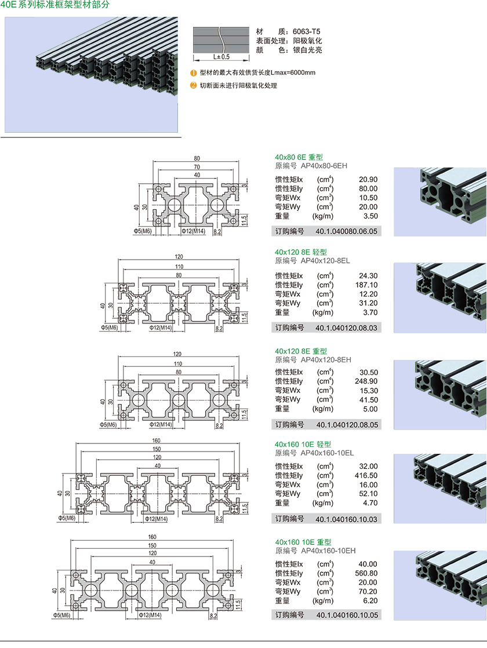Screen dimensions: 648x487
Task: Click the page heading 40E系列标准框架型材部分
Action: coord(55,5)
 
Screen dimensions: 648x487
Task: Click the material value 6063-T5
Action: coord(306,31)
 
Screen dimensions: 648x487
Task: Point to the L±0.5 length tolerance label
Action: coord(221,57)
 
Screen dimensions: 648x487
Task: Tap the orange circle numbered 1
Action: coord(194,73)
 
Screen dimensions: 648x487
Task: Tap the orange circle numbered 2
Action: coord(194,85)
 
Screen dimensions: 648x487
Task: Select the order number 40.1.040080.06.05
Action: coord(346,231)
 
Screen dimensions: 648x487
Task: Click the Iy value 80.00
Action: coord(368,188)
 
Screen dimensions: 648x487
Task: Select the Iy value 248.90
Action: coord(366,381)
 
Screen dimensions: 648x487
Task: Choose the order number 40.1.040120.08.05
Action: coord(346,424)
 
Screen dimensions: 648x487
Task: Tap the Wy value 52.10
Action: coord(368,494)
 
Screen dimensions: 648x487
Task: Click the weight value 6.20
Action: coord(370,600)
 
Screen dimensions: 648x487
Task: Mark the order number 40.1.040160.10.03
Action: coord(346,519)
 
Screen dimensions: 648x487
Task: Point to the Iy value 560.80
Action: coord(366,573)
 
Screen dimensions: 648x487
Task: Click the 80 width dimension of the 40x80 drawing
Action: coord(197,158)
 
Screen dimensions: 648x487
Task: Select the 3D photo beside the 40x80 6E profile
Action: coord(439,201)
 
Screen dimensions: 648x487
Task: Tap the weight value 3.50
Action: coord(370,216)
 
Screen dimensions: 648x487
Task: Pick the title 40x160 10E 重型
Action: coord(303,542)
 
